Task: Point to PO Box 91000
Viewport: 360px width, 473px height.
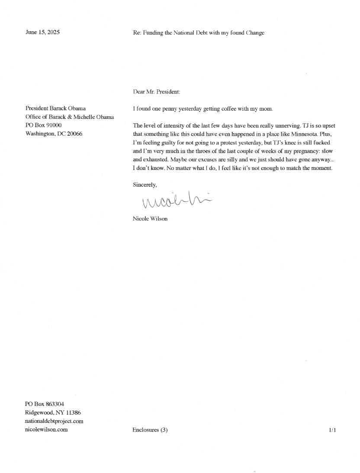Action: coord(44,125)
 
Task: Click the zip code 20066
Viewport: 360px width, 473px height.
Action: coord(74,134)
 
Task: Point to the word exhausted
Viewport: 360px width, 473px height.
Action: coord(154,160)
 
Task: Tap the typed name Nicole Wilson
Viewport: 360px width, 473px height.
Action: coord(150,218)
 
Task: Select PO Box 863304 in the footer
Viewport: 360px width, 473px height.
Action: coord(45,404)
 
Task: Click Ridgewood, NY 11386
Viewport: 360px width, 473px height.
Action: coord(53,412)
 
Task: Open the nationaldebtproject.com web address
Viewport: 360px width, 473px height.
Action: coord(54,421)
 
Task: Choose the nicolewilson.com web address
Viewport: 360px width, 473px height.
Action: coord(46,429)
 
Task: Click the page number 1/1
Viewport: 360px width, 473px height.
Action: coord(332,430)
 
